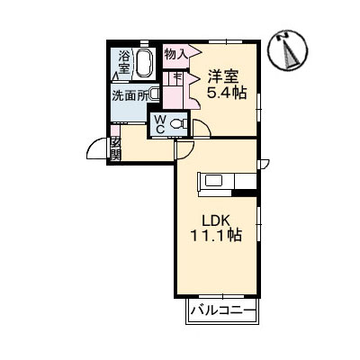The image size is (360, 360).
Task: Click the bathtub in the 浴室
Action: (x=147, y=64)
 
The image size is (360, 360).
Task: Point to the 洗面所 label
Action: (x=129, y=95)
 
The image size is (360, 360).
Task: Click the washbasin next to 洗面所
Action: (x=155, y=94)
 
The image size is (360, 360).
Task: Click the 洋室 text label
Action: (x=224, y=77)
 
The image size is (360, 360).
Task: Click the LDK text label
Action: (x=216, y=218)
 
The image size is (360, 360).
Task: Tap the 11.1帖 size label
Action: (x=217, y=235)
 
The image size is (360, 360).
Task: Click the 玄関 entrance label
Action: (x=115, y=148)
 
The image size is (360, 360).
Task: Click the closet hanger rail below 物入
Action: (x=175, y=78)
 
